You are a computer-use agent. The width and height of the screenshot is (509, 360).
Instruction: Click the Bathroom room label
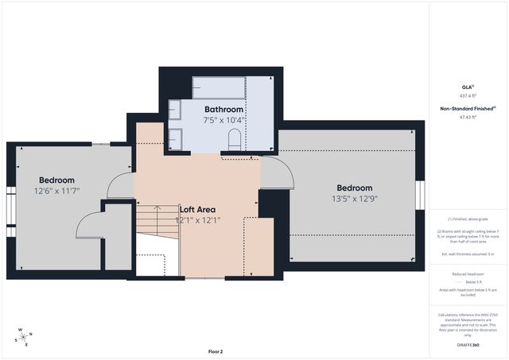223,109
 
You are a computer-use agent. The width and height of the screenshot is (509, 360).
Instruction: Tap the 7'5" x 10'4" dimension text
223,120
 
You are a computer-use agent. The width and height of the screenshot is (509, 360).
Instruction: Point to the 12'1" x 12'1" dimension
198,220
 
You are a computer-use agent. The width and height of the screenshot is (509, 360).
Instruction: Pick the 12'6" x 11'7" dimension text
56,192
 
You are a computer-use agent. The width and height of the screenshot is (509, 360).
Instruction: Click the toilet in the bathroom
234,140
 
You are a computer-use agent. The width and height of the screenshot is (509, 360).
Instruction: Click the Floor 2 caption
216,350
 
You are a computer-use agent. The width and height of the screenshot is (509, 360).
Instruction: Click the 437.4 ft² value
468,95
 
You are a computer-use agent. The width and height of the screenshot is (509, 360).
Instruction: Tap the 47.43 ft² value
468,118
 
